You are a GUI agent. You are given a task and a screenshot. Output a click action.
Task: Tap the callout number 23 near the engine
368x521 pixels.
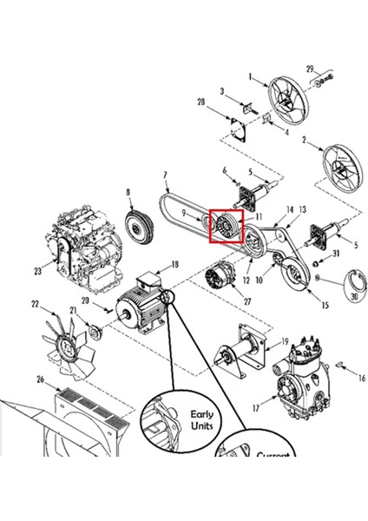(38, 272)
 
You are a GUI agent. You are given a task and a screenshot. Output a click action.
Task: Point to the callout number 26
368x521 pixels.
(40, 379)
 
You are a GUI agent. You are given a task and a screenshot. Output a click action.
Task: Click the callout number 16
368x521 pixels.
(361, 379)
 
